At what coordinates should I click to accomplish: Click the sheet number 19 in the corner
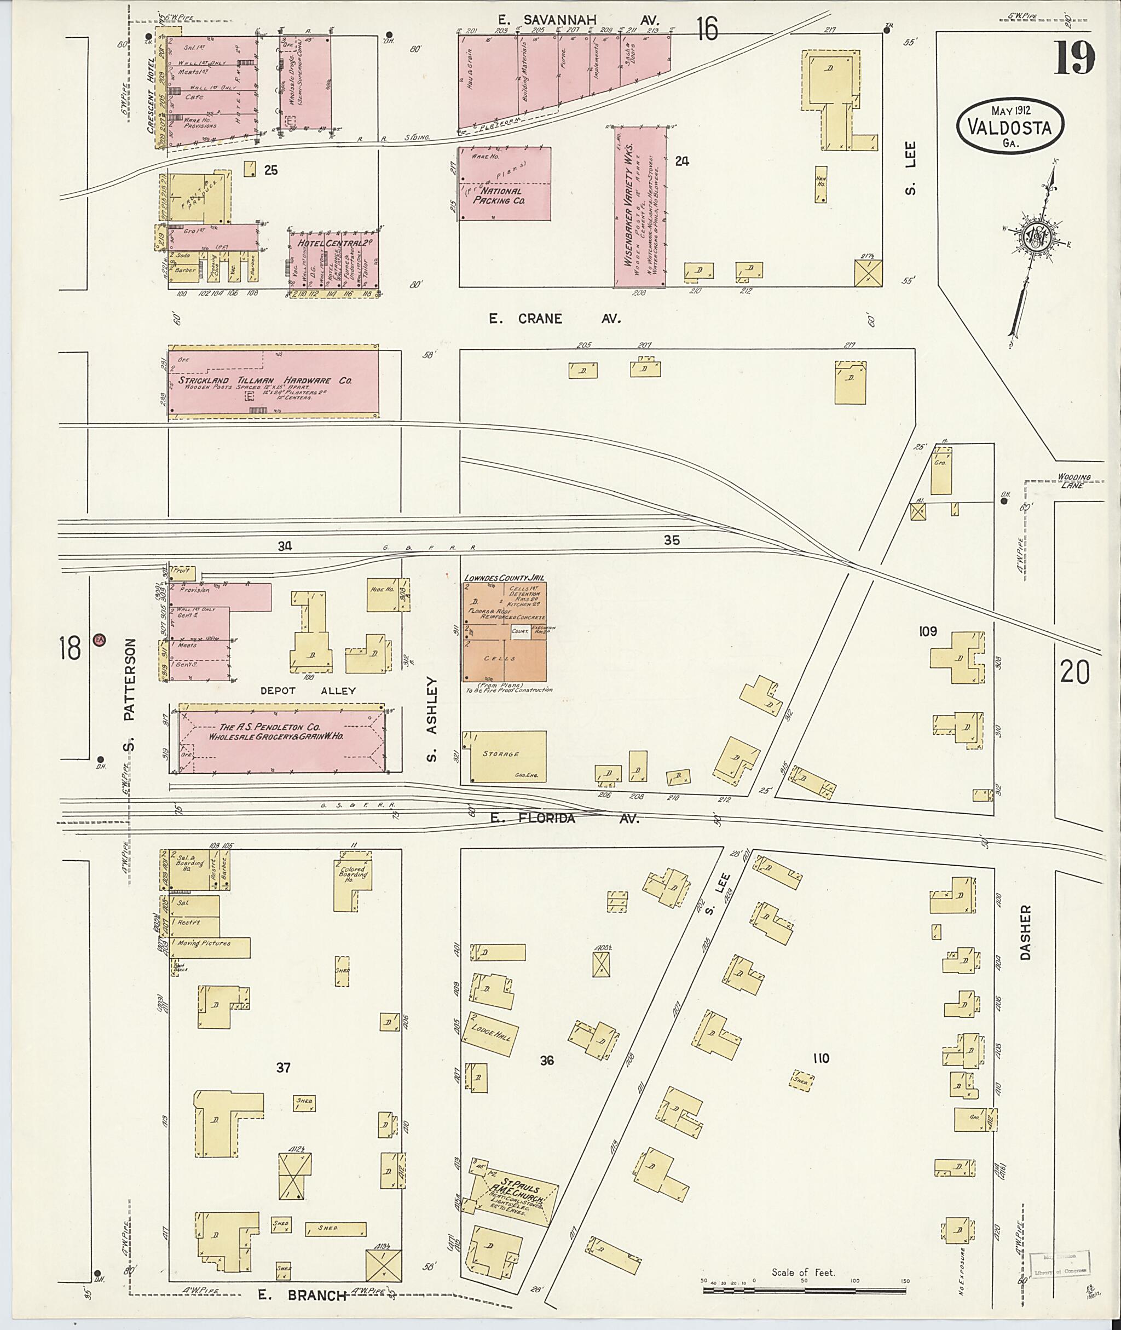click(1075, 59)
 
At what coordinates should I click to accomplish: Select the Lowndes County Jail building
click(504, 636)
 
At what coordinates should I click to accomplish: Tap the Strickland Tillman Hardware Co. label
click(264, 380)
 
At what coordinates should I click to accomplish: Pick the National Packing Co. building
click(505, 185)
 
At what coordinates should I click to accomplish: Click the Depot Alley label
click(308, 690)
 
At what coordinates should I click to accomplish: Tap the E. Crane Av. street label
click(553, 319)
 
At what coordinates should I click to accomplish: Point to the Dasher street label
click(1026, 932)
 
